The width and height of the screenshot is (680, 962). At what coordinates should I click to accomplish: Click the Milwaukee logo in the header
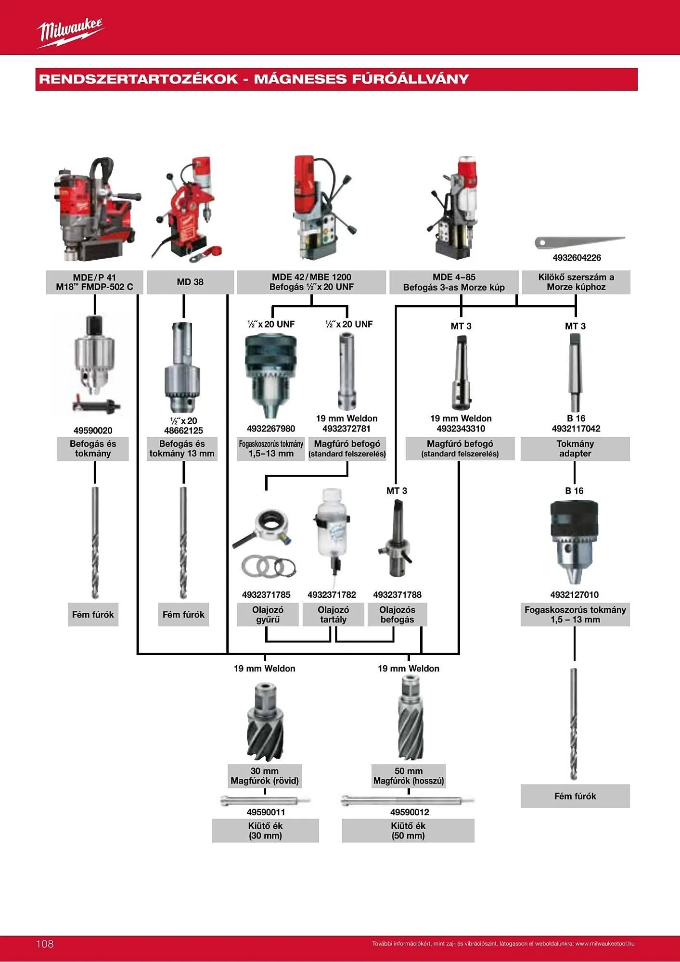(70, 32)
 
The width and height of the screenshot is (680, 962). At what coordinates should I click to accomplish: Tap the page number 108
(45, 944)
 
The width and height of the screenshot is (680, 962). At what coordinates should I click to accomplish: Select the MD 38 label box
(190, 282)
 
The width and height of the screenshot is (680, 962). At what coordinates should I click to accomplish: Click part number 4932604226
(577, 258)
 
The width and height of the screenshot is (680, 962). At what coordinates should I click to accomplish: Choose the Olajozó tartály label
(333, 615)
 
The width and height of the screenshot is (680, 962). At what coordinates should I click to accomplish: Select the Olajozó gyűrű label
(268, 615)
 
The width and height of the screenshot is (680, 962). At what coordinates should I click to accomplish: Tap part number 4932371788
(397, 595)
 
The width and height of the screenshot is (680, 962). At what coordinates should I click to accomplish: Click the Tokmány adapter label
(575, 449)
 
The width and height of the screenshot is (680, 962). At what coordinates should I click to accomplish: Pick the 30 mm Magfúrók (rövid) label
(265, 776)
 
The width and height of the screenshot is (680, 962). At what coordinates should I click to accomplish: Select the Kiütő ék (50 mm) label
(408, 831)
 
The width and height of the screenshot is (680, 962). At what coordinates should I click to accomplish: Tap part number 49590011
(266, 812)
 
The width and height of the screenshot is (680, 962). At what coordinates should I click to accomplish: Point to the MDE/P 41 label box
(94, 282)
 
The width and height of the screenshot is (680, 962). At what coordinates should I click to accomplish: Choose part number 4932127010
(575, 595)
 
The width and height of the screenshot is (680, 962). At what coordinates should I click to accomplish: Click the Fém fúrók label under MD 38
(183, 615)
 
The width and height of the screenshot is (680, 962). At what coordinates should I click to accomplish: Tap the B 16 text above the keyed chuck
(574, 491)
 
